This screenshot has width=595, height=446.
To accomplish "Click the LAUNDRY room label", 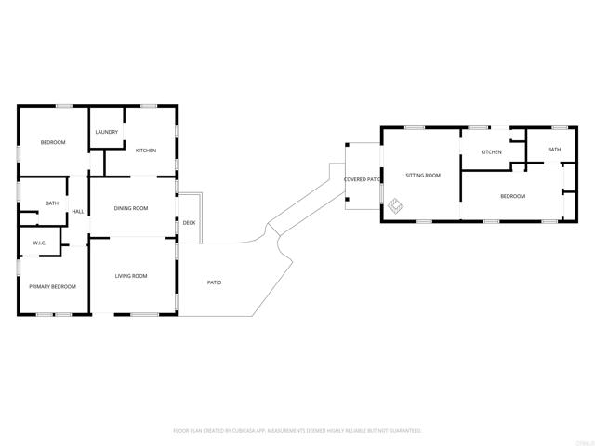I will pyautogui.click(x=107, y=132).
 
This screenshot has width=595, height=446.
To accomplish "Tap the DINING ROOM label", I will pyautogui.click(x=131, y=208).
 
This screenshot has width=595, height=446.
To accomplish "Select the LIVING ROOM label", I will pyautogui.click(x=131, y=276).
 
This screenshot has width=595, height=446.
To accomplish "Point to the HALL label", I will pyautogui.click(x=78, y=212).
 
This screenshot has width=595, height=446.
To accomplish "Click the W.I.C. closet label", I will pyautogui.click(x=39, y=243).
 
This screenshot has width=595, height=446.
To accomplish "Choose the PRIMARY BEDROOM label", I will pyautogui.click(x=52, y=286).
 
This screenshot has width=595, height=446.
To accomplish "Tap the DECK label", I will pyautogui.click(x=189, y=223).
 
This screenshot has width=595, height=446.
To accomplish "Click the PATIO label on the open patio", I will pyautogui.click(x=214, y=282).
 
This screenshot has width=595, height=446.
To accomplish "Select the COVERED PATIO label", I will pyautogui.click(x=363, y=179).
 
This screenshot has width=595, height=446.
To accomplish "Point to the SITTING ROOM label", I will pyautogui.click(x=422, y=175).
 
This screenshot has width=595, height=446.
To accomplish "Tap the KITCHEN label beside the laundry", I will pyautogui.click(x=146, y=151).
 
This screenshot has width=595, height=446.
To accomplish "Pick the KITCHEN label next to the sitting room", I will pyautogui.click(x=491, y=152).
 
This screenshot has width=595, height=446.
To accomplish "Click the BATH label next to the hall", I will pyautogui.click(x=52, y=203).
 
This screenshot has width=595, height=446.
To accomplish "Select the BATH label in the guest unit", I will pyautogui.click(x=554, y=150).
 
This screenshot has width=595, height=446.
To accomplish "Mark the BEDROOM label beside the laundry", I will pyautogui.click(x=52, y=142).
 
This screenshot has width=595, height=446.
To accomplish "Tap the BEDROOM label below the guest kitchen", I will pyautogui.click(x=513, y=196).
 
